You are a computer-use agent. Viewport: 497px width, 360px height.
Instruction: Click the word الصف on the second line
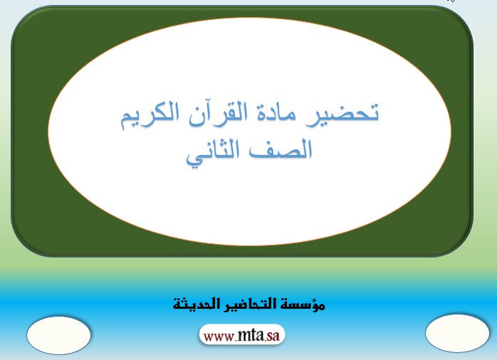[x=281, y=150]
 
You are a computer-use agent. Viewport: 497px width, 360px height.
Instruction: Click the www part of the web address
[x=219, y=337]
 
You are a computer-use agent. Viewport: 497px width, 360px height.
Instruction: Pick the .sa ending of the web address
[x=271, y=336]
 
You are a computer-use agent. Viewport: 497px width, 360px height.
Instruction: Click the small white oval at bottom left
[x=58, y=335]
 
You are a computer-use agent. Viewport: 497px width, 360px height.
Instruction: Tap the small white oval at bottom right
[x=457, y=333]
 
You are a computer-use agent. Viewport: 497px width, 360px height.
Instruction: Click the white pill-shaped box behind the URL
[x=242, y=334]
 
